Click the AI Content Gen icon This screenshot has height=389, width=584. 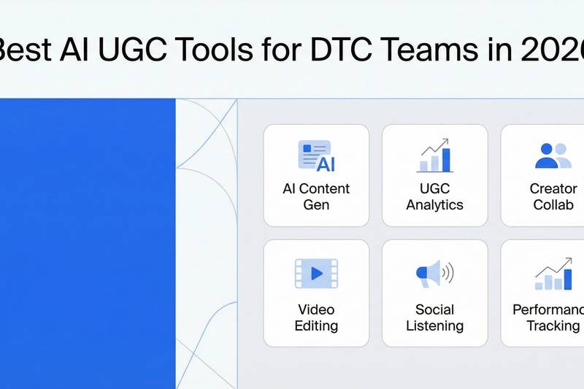316,156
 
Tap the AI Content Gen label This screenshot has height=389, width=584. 316,196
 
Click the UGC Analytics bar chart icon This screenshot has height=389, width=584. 435,156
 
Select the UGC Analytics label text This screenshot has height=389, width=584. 435,196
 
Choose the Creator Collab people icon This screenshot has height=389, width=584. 553,155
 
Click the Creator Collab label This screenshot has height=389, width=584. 553,196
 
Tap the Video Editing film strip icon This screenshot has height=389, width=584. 316,274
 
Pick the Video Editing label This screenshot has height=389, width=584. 316,317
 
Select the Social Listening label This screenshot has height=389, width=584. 435,317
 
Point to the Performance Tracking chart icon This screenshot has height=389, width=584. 553,274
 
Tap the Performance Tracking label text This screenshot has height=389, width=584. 549,317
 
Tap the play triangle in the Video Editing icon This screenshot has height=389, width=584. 316,274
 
